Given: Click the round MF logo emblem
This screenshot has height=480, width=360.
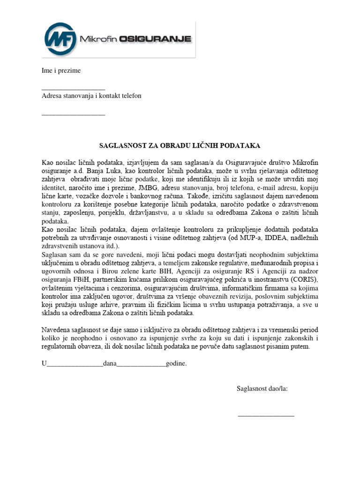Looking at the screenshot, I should click(60, 39).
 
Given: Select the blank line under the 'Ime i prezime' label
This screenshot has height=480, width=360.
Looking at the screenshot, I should click(73, 88).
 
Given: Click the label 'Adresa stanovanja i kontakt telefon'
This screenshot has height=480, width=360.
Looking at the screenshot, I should click(91, 96).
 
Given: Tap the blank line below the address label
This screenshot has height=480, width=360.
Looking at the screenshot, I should click(73, 114).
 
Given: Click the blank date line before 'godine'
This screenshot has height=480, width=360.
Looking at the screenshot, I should click(141, 364).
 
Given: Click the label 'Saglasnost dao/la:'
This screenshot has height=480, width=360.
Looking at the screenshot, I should click(262, 389).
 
